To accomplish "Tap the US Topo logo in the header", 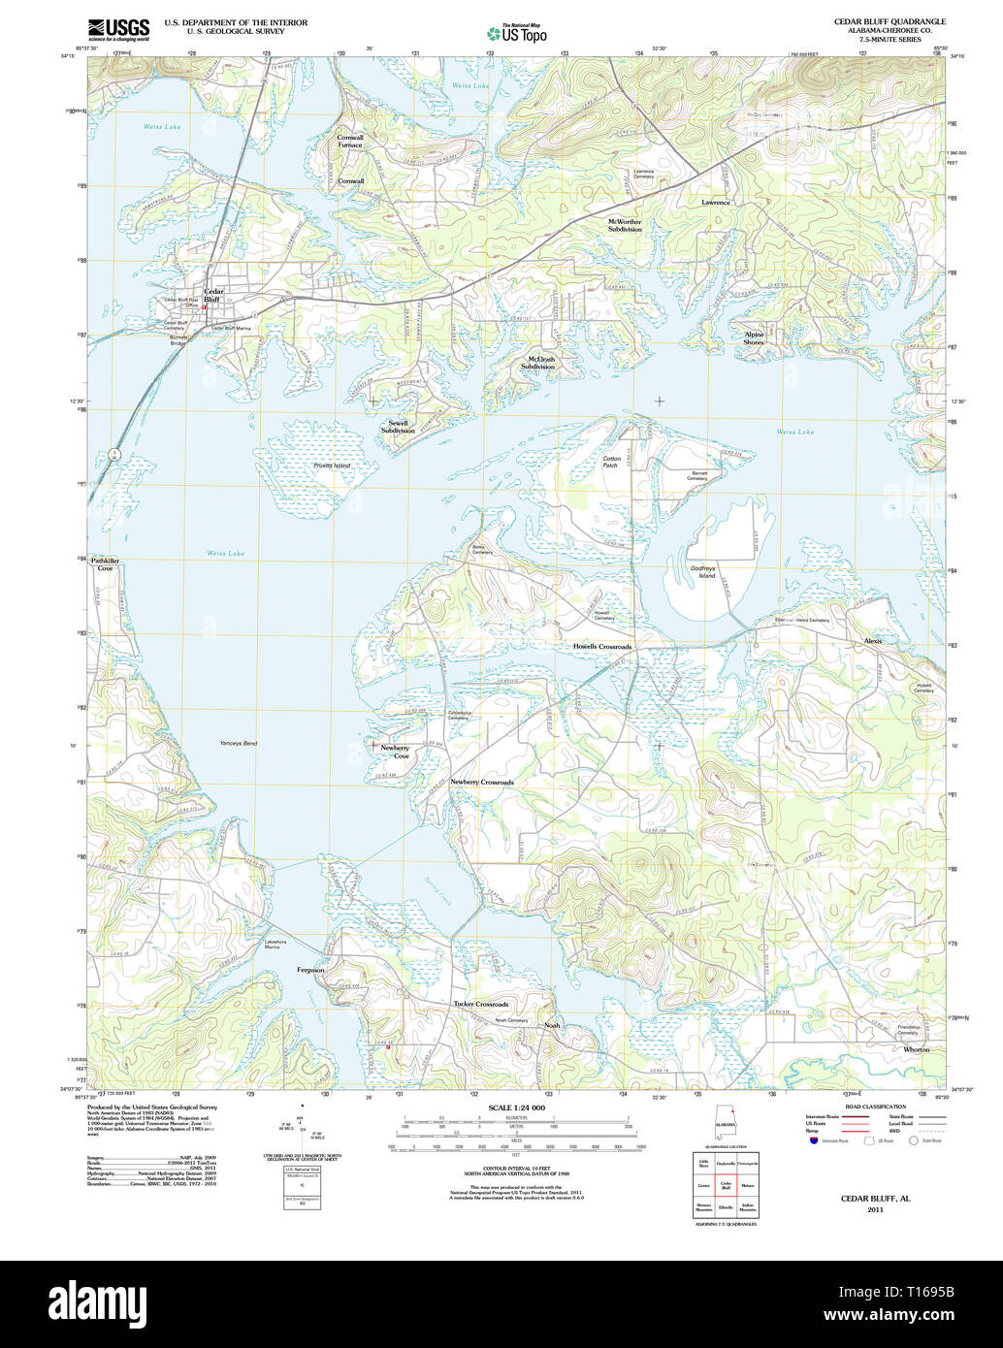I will click(516, 32).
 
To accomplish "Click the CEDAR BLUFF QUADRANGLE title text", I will click(890, 21).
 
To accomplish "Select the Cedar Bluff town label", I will click(212, 296).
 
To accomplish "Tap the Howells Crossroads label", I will click(601, 646).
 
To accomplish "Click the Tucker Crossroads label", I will click(480, 1004).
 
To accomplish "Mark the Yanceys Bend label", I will click(238, 743).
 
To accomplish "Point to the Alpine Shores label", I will click(754, 338).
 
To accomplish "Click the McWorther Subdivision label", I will click(625, 225).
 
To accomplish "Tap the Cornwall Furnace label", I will click(350, 141).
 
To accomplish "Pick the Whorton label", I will click(916, 1049).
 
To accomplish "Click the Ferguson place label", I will click(310, 970).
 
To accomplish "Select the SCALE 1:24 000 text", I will click(516, 1107).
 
